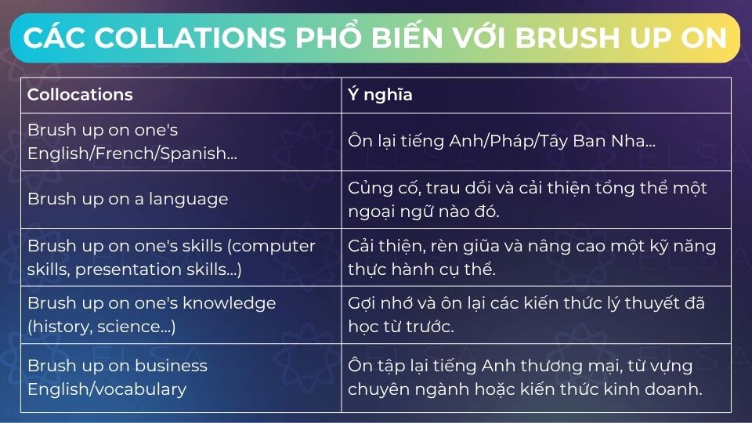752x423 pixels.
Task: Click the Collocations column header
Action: point(80,95)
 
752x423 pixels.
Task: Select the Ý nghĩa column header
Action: point(380,95)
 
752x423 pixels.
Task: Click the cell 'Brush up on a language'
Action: point(128,199)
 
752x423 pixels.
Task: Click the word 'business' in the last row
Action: point(168,365)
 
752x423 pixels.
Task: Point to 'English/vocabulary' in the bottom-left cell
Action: point(107,389)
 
